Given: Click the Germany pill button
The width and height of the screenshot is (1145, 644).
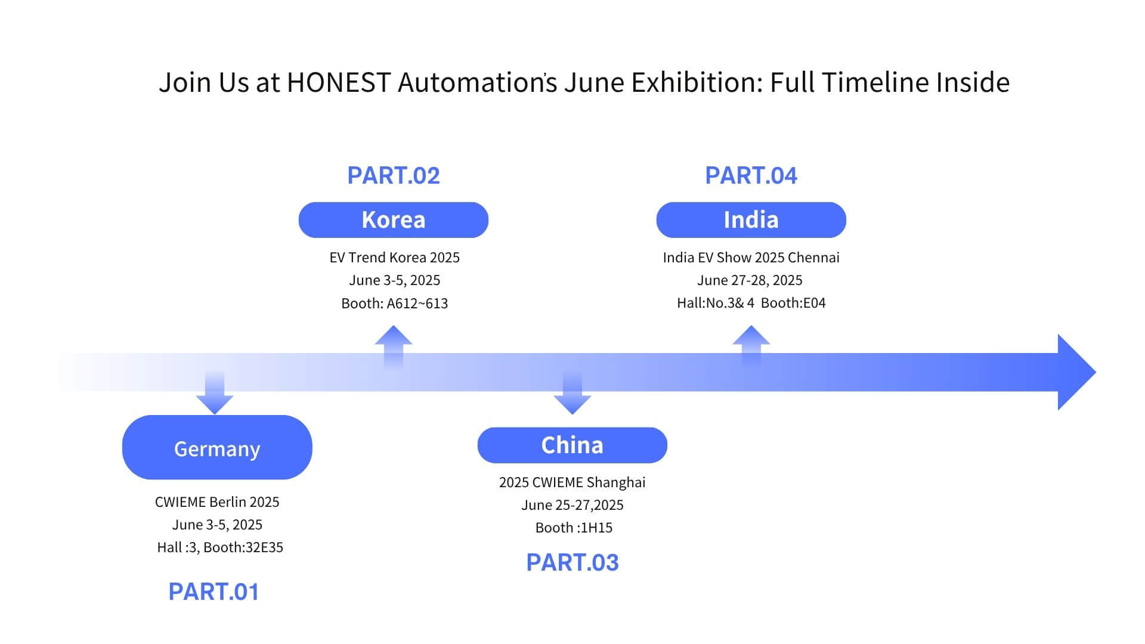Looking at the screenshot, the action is point(217,447).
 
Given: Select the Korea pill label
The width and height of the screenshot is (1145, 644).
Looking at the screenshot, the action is point(394,220).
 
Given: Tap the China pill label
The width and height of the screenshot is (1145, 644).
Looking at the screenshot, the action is point(572,445).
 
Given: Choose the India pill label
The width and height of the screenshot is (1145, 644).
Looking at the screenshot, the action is point(751,220).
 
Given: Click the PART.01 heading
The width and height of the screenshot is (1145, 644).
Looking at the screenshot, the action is point(214,592).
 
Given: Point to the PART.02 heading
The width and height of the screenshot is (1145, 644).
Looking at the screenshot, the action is point(394,175).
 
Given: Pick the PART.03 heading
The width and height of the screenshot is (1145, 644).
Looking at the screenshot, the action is point(572,562).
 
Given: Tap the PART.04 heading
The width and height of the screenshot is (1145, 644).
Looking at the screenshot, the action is point(751,175).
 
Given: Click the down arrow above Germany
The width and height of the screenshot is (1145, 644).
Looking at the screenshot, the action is point(215,392).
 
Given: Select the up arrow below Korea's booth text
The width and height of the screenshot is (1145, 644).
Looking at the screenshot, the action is point(394,346).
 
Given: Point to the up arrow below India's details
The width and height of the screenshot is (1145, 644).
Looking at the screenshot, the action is point(751,346).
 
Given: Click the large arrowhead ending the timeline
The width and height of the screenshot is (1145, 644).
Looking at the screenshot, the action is point(1076,372).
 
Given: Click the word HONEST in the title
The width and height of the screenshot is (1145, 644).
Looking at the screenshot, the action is point(339,82).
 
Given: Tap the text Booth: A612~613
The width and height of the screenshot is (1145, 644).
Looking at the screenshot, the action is point(395,304).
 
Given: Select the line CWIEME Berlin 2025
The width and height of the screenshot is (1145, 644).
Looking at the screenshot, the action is point(217,502).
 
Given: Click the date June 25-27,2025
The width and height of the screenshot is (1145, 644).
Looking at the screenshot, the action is point(572,505).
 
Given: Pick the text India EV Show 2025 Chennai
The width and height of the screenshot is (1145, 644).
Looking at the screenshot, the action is point(751,258).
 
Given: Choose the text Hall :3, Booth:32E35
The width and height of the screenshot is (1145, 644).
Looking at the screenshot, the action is point(220,547).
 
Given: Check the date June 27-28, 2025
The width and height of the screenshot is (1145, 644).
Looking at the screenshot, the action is point(750,280).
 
